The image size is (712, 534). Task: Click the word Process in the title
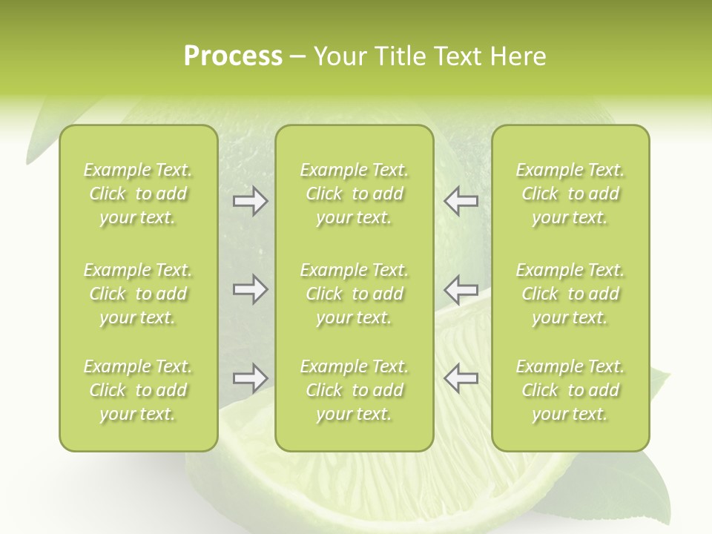coord(233,56)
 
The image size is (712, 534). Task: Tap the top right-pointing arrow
coord(250,202)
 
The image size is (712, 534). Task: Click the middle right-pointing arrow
coord(250,289)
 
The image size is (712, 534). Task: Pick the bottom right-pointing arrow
coord(250,378)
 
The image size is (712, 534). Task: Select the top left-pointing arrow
coord(461,202)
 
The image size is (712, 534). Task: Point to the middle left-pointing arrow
coord(461,289)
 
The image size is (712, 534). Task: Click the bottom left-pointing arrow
coord(461,378)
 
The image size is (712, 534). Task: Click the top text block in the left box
coord(138,194)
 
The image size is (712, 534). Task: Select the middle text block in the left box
coord(138,294)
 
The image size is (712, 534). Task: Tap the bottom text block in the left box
coord(138,390)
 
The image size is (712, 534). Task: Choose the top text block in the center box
coord(354,194)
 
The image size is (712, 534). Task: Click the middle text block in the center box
coord(354,294)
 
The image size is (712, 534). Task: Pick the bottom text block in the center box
coord(354,390)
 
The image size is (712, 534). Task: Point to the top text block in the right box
coord(570,194)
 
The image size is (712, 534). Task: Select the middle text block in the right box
coord(570,294)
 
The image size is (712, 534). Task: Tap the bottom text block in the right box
coord(570,390)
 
